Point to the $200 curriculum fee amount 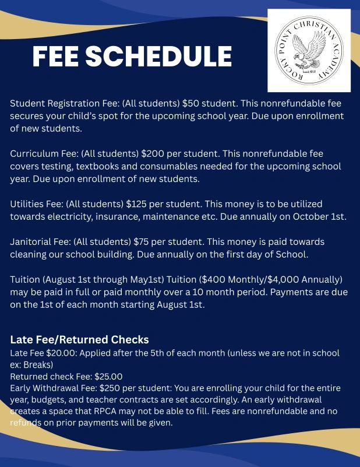pyautogui.click(x=152, y=154)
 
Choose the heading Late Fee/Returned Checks pyautogui.click(x=79, y=339)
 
